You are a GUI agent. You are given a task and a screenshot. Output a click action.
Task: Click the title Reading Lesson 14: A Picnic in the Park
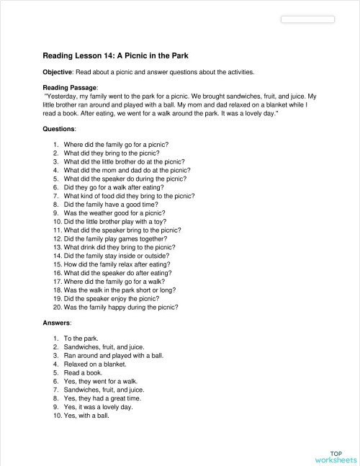121,55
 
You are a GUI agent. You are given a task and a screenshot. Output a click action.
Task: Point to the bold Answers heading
58,324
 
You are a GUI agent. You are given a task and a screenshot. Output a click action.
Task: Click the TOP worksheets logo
335,456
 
